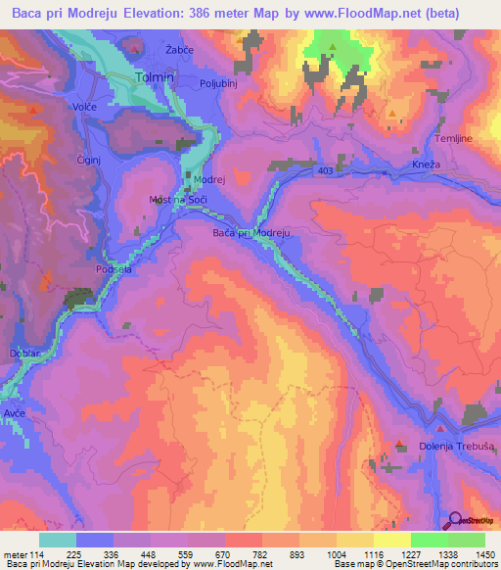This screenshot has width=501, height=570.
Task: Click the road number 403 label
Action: click(325, 170)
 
